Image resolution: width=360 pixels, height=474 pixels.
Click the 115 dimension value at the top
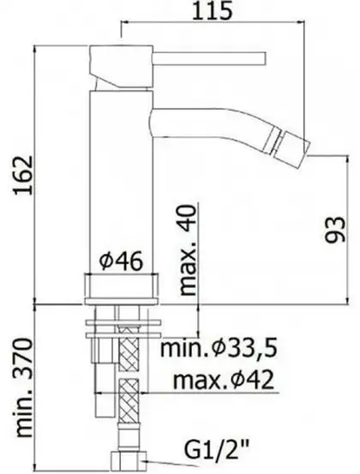pyautogui.click(x=213, y=10)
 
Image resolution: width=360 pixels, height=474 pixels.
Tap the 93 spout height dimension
pyautogui.click(x=334, y=229)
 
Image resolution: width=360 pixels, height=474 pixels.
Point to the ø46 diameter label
pyautogui.click(x=121, y=261)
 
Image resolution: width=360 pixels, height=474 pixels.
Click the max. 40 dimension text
pyautogui.click(x=188, y=249)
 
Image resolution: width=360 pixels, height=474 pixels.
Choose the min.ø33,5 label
pyautogui.click(x=219, y=348)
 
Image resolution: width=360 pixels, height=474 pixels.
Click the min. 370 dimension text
pyautogui.click(x=24, y=387)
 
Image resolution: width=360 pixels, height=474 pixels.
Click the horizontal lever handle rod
pyautogui.click(x=209, y=58)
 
